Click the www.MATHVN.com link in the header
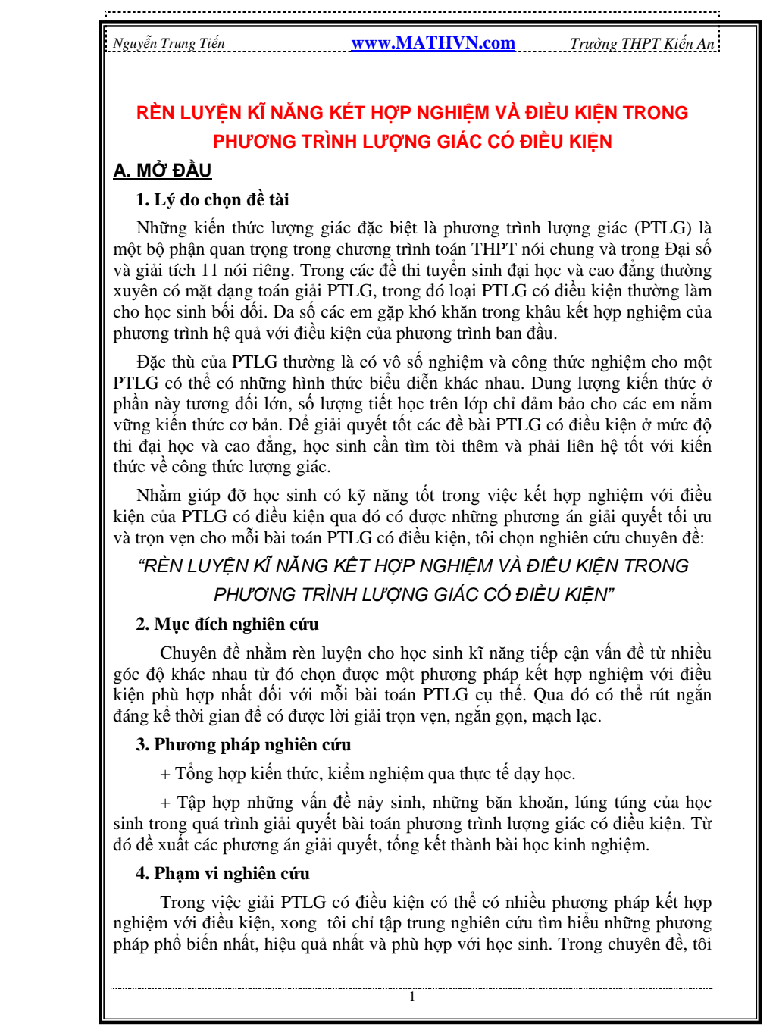433,43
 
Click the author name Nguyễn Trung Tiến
169,44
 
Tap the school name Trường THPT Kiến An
642,44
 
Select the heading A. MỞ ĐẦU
162,171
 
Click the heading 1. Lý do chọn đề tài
212,200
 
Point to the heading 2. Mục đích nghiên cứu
227,624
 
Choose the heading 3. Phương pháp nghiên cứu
243,745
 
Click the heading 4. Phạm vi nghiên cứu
223,874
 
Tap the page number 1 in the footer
412,997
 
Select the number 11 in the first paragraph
210,271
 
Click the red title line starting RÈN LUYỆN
412,113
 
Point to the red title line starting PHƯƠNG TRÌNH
412,142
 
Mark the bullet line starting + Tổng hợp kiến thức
368,774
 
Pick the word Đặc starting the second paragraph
152,362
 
